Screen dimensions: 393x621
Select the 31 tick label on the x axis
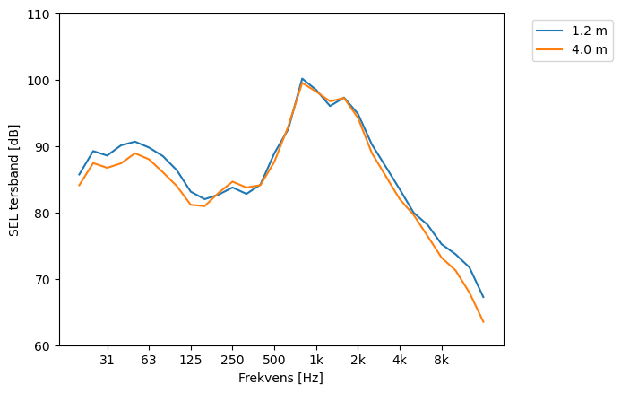108,361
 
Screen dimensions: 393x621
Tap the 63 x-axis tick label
149,361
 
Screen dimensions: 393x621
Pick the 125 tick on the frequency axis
191,361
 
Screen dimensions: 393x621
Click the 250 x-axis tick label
232,361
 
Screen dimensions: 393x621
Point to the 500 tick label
274,361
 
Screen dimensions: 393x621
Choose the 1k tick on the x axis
316,361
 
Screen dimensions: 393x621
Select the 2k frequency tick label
358,361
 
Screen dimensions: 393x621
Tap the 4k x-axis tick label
400,361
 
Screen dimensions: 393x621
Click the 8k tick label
442,361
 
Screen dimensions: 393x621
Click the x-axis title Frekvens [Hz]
280,379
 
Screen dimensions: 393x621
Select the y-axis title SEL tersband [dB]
13,179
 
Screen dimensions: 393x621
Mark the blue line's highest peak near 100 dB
302,79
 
